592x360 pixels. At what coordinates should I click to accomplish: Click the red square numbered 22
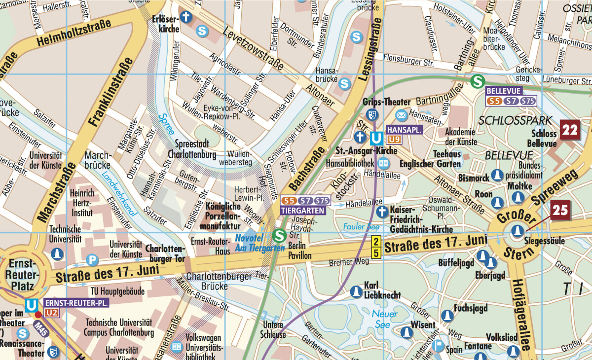570,131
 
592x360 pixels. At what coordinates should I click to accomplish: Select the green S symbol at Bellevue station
477,81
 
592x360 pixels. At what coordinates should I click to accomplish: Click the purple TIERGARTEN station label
303,210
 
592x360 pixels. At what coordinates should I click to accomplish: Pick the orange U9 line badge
395,139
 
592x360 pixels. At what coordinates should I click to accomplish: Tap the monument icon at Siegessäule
517,230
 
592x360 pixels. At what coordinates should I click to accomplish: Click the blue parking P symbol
92,259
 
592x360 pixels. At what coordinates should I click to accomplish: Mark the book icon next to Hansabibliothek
383,163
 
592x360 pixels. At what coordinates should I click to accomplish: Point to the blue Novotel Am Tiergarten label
259,243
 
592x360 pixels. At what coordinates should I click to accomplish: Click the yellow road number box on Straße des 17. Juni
375,247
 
